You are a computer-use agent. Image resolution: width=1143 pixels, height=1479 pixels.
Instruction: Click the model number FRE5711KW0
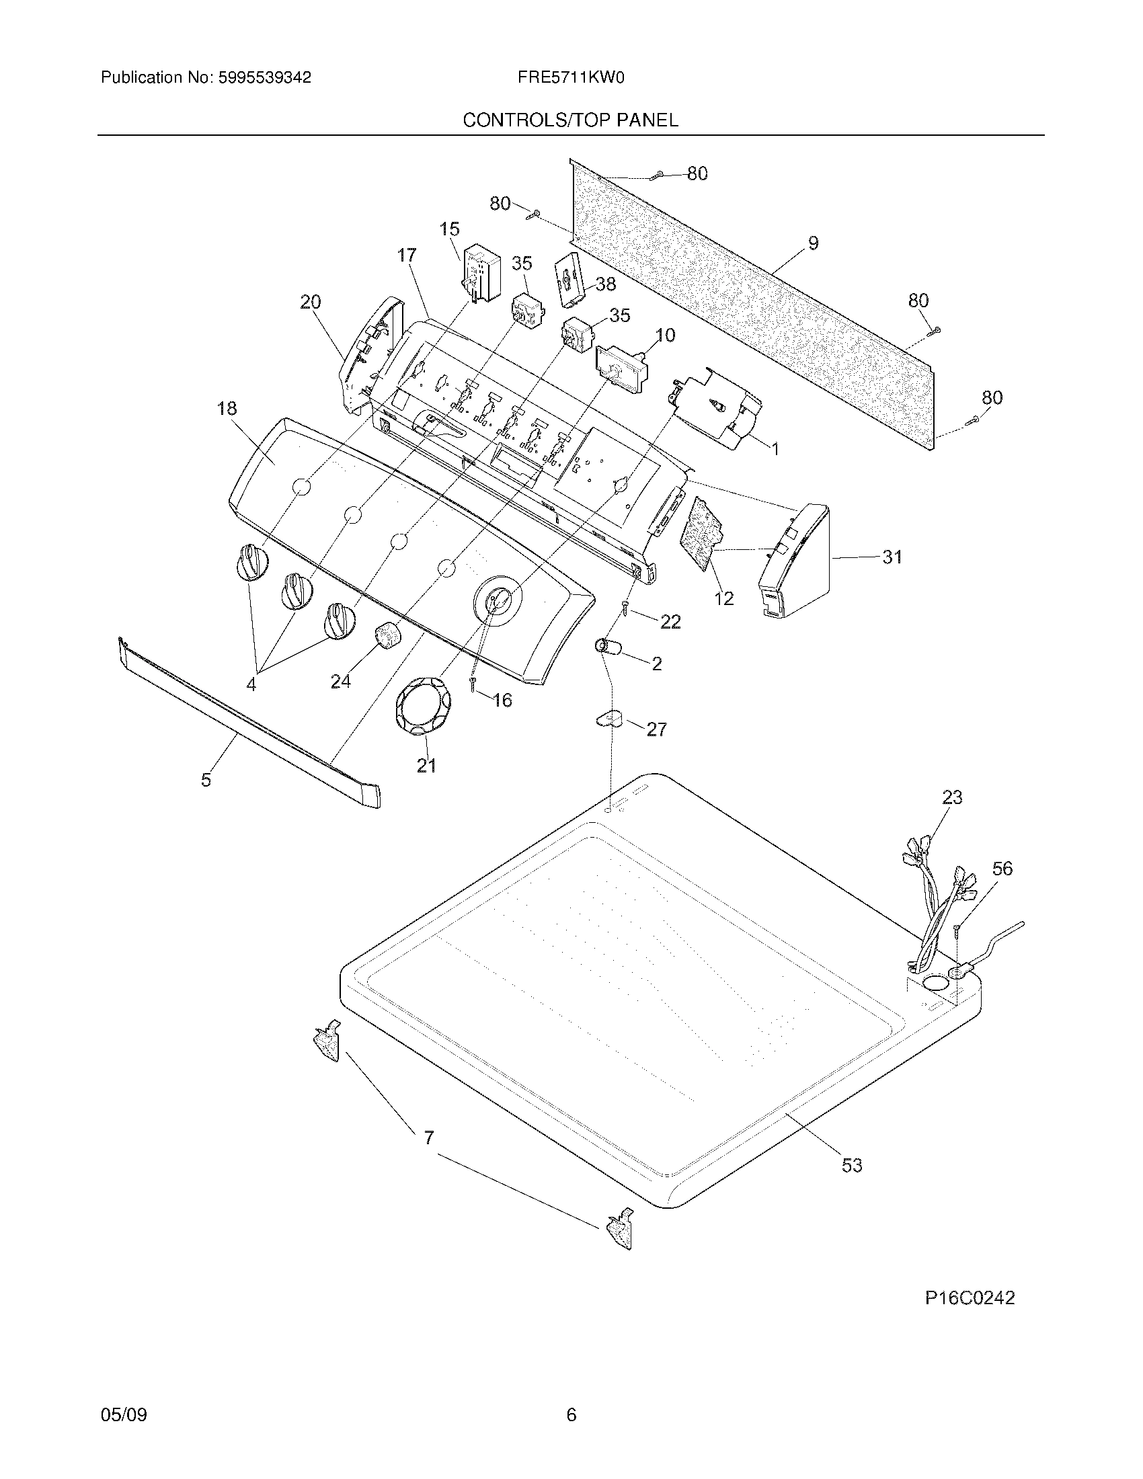pyautogui.click(x=570, y=78)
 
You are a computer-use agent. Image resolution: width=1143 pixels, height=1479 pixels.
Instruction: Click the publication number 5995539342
pyautogui.click(x=264, y=78)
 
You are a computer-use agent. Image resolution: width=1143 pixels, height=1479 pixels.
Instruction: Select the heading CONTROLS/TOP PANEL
pyautogui.click(x=570, y=120)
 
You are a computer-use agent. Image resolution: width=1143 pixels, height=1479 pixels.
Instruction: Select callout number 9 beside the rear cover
pyautogui.click(x=813, y=243)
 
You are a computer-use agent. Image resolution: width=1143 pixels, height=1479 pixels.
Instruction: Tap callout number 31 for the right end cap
pyautogui.click(x=892, y=557)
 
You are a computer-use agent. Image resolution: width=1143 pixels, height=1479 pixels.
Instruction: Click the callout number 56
pyautogui.click(x=1002, y=868)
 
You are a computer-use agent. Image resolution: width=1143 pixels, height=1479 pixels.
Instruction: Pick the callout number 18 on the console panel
pyautogui.click(x=227, y=408)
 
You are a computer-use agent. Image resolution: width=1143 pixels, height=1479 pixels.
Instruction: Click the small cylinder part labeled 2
pyautogui.click(x=607, y=647)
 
